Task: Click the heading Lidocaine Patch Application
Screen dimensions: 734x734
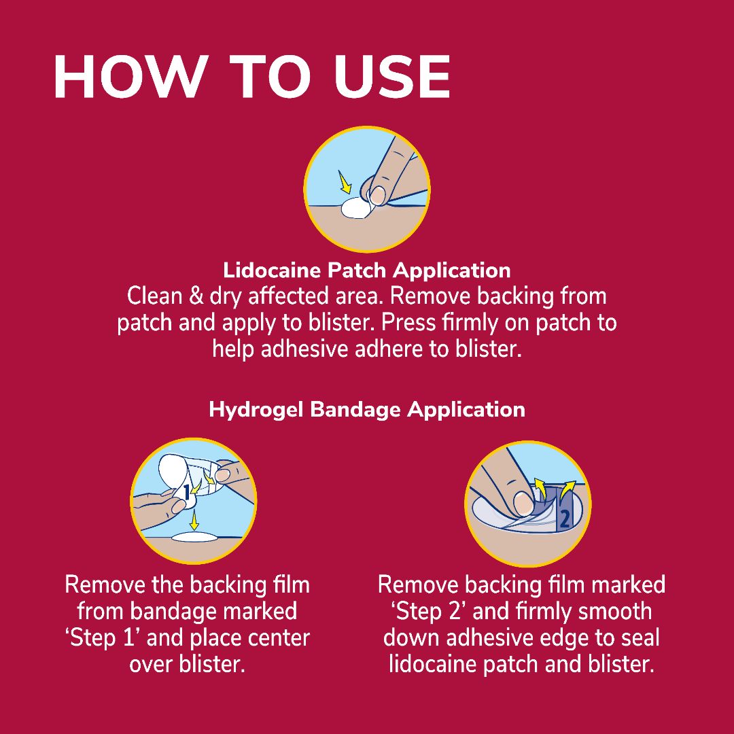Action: pos(366,270)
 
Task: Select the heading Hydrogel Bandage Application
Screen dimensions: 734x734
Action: pos(367,410)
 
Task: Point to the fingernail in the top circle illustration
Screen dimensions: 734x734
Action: pos(377,196)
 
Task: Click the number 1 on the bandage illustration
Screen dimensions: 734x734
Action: pos(187,493)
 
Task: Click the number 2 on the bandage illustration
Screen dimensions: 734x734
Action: pos(565,519)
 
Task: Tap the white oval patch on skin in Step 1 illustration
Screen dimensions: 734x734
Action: pos(195,538)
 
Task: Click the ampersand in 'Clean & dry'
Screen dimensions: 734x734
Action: pos(196,296)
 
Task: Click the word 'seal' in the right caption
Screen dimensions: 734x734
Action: pos(639,638)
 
